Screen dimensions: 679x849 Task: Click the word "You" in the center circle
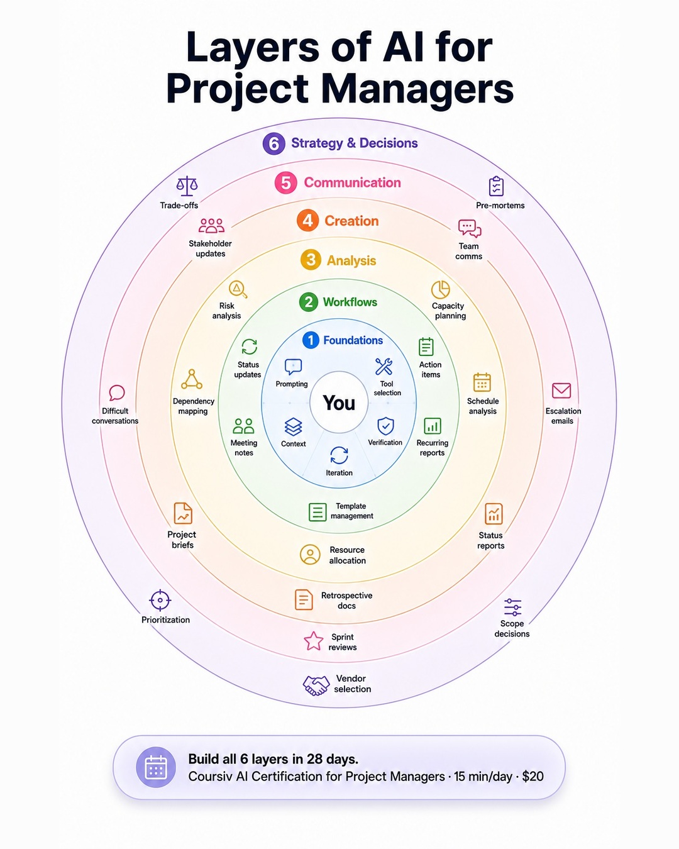pos(339,402)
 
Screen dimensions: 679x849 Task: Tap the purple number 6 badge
pos(274,143)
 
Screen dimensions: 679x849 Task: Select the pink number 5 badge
pos(285,182)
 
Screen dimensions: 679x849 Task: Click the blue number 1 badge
pos(311,340)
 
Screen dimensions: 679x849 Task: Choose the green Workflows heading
pos(350,302)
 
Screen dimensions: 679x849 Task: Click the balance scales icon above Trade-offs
pos(187,186)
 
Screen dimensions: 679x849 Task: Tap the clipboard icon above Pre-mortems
pos(496,186)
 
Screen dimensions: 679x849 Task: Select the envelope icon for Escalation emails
pos(561,391)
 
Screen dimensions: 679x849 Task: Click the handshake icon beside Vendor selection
pos(316,685)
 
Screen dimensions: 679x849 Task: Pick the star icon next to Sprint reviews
pos(314,641)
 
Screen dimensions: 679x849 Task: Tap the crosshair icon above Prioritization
pos(160,601)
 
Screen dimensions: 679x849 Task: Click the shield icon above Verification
pos(385,426)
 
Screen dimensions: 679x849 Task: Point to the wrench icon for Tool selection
pos(384,367)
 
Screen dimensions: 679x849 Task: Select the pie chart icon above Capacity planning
pos(440,290)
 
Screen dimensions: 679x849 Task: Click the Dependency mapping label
pos(193,406)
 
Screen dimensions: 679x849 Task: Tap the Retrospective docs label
pos(347,601)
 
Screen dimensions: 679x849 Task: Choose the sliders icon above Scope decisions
pos(512,607)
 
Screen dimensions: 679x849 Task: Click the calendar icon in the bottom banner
pos(156,767)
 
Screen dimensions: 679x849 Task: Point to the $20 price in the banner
pos(533,777)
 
